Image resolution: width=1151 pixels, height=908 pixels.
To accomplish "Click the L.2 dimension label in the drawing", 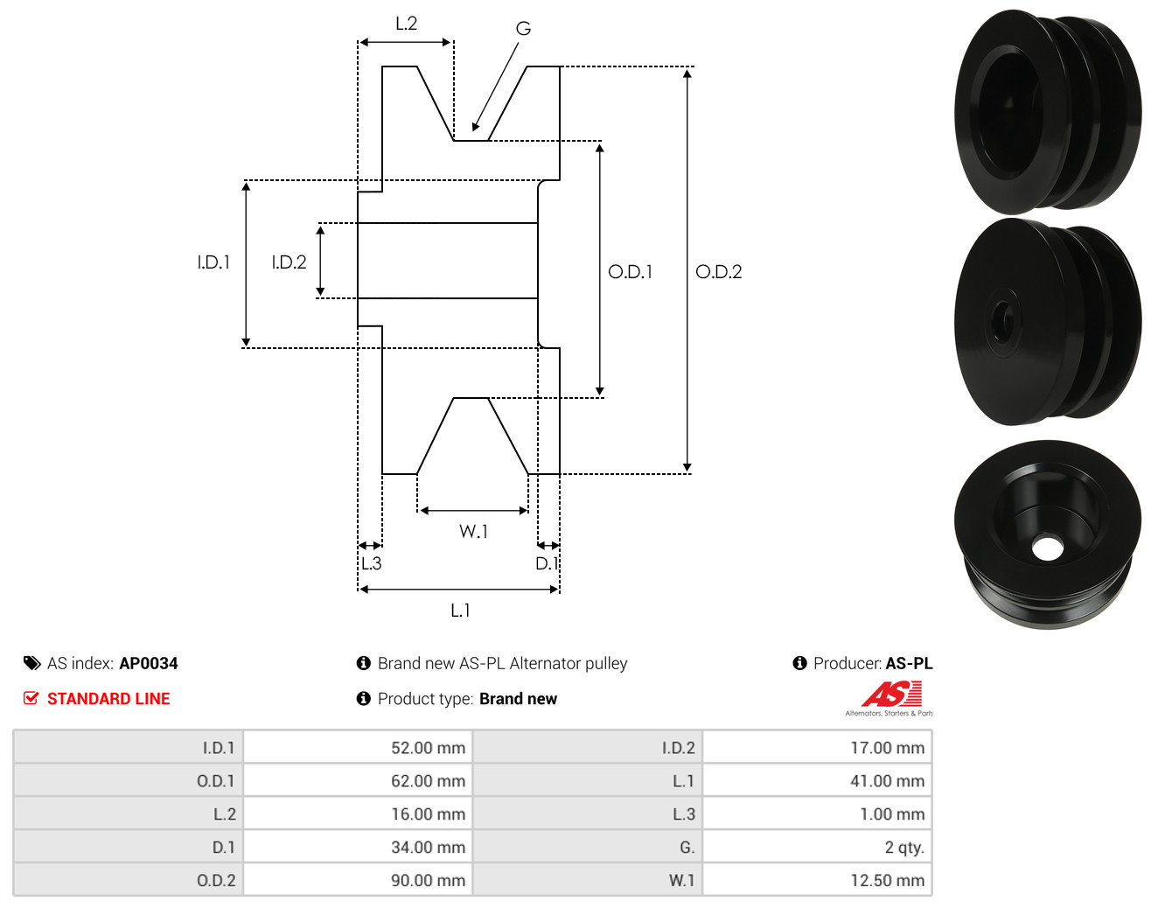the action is point(406,24).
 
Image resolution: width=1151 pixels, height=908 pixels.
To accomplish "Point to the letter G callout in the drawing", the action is point(523,28).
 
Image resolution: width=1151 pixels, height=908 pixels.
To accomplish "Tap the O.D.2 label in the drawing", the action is point(718,272).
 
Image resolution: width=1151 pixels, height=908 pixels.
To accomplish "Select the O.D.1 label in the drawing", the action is point(630,272).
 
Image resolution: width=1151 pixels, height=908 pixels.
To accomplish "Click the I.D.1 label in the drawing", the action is point(213,262).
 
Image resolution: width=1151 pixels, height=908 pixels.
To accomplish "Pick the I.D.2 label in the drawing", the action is point(289,262).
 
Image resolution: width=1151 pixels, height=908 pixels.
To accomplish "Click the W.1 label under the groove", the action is point(473,531).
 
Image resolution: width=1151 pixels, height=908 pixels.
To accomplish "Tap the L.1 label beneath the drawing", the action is point(460,610).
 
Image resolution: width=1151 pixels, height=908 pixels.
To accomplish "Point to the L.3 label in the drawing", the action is point(371,562).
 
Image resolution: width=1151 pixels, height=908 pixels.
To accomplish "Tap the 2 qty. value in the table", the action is point(903,847).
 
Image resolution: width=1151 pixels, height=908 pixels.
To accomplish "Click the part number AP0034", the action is point(148,663).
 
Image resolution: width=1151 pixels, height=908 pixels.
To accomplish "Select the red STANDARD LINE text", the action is point(108,699).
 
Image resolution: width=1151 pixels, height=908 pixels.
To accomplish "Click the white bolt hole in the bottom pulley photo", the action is point(1047,548).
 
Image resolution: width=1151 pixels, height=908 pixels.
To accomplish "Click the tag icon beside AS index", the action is point(31,663).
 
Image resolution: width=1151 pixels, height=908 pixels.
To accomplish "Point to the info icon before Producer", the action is point(799,663).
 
